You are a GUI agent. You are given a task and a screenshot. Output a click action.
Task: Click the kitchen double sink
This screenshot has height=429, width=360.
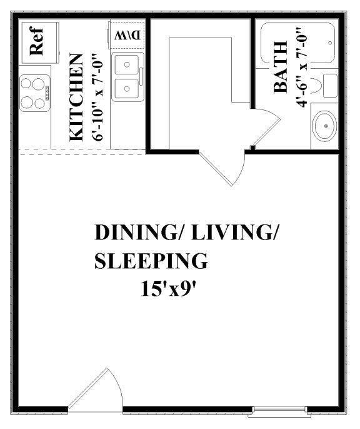click(x=128, y=77)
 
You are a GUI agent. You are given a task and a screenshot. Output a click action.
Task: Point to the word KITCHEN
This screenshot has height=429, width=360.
click(x=75, y=98)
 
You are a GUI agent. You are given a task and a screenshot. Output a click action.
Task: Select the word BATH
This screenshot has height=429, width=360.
click(x=281, y=68)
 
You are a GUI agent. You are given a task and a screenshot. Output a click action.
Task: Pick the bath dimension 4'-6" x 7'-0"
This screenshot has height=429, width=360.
click(x=303, y=68)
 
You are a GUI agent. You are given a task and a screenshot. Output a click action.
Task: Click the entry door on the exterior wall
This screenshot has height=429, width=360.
click(x=94, y=391)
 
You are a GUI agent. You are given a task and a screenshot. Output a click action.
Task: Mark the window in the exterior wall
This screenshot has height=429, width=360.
click(x=279, y=411)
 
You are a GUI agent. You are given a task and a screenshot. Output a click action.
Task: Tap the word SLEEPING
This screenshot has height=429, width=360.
click(x=150, y=260)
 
